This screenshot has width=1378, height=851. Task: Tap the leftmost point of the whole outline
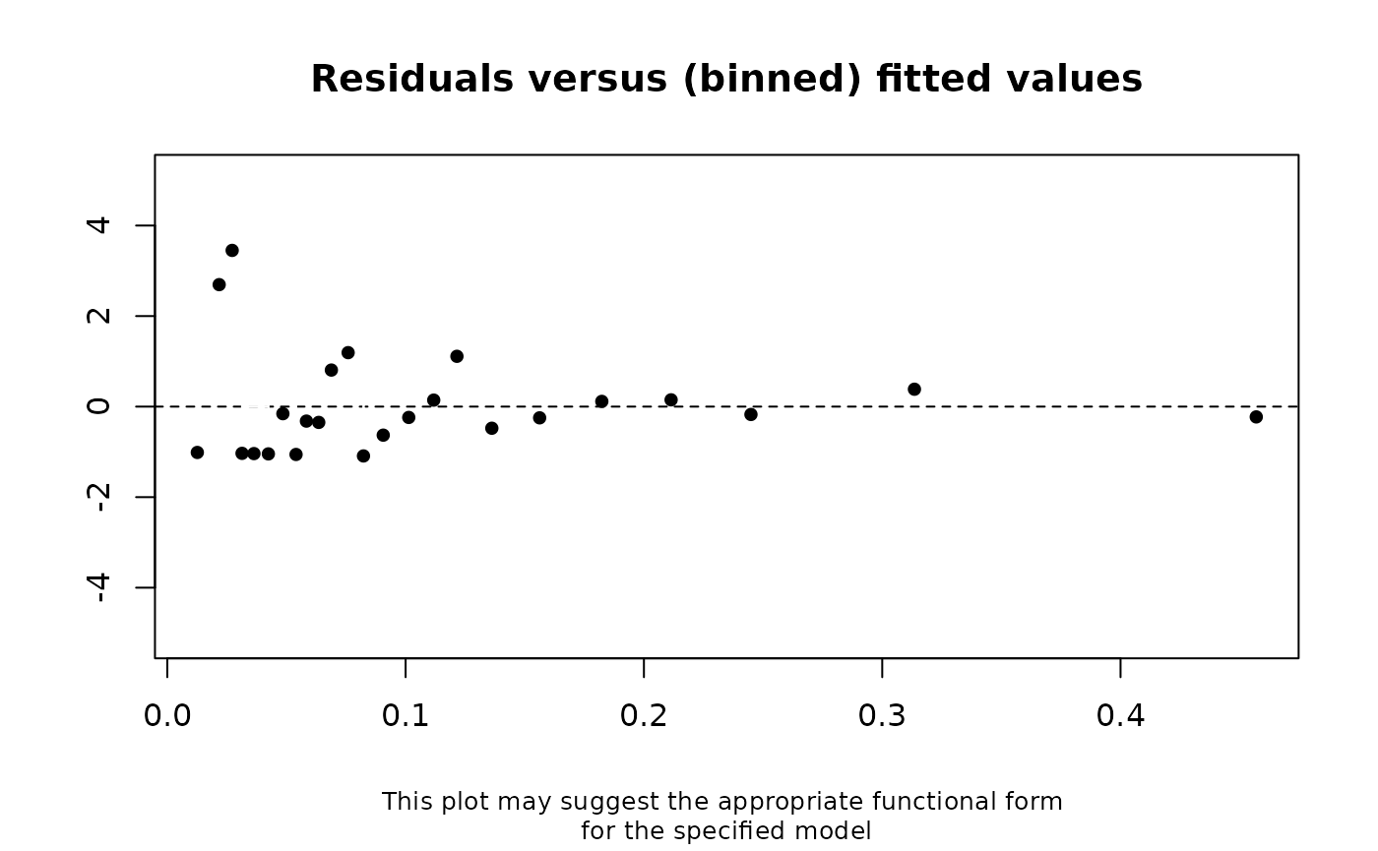coord(198,404)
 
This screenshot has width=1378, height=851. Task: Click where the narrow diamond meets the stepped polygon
coord(297,405)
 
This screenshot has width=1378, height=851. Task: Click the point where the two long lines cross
coord(364,405)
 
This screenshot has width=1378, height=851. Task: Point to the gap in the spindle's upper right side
coord(235,248)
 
